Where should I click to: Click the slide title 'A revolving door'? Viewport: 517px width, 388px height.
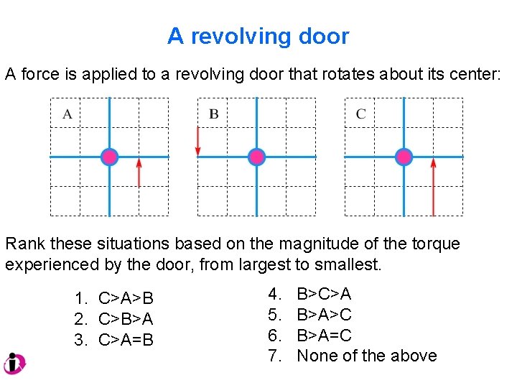pyautogui.click(x=258, y=36)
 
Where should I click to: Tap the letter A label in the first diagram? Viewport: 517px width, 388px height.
pyautogui.click(x=67, y=114)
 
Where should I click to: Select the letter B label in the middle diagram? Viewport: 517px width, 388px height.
pyautogui.click(x=214, y=114)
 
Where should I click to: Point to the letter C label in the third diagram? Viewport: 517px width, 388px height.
pyautogui.click(x=360, y=114)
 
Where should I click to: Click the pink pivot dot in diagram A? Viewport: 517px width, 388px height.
pyautogui.click(x=109, y=157)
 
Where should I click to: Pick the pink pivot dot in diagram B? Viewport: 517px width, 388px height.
pyautogui.click(x=256, y=157)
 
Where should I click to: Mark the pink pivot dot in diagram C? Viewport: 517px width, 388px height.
pyautogui.click(x=404, y=157)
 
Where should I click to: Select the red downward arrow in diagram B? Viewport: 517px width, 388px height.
pyautogui.click(x=197, y=140)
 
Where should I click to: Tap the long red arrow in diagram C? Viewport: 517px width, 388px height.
pyautogui.click(x=433, y=187)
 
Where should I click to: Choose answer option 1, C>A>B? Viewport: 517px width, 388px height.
pyautogui.click(x=115, y=298)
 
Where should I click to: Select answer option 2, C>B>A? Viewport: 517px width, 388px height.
pyautogui.click(x=115, y=318)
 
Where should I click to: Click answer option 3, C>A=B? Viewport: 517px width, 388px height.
pyautogui.click(x=115, y=339)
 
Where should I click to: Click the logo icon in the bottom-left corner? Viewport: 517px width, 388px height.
pyautogui.click(x=14, y=364)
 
